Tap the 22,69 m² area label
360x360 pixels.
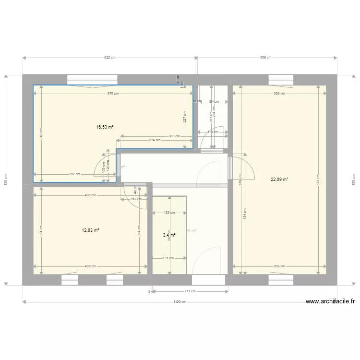click(x=279, y=180)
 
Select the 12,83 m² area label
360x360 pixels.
click(x=90, y=230)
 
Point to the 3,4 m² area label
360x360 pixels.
click(x=169, y=235)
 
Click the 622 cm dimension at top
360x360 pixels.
click(x=110, y=58)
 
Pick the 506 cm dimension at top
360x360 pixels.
click(x=265, y=58)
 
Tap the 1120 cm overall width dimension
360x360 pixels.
click(x=180, y=302)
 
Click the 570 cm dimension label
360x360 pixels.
click(x=113, y=94)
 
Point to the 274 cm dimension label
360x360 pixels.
click(x=155, y=140)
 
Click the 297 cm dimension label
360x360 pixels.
click(x=74, y=174)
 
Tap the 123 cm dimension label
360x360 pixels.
click(x=169, y=212)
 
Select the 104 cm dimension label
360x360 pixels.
click(x=213, y=102)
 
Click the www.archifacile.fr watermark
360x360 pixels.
click(x=330, y=301)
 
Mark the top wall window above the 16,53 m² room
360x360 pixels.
click(x=92, y=79)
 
